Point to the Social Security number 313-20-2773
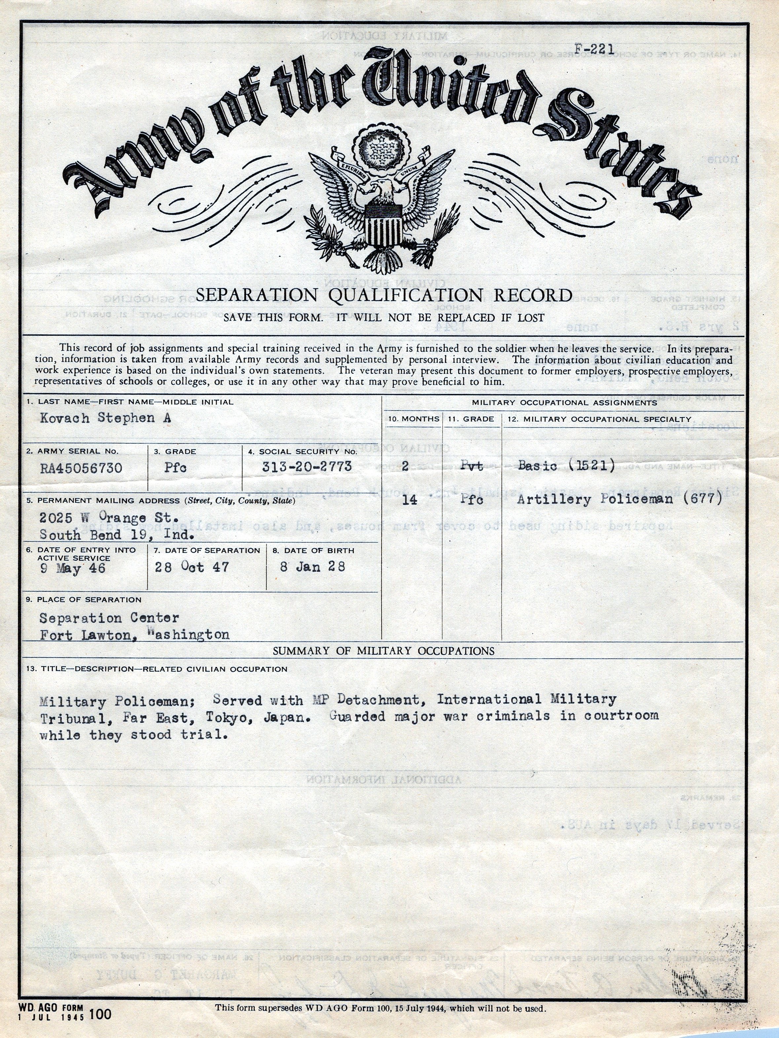(307, 466)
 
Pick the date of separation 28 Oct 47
(192, 567)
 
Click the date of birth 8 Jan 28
(313, 567)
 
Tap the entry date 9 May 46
(72, 569)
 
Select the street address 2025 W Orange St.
(109, 518)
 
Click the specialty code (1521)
(592, 465)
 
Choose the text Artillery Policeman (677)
(619, 499)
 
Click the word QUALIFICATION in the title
(405, 296)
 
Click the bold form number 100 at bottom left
(100, 1015)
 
